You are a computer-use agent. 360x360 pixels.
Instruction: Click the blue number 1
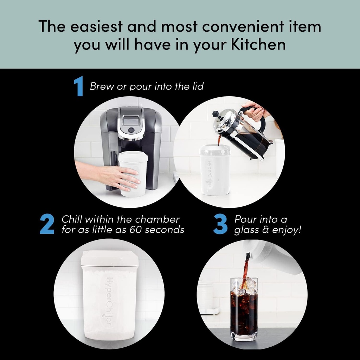pos(78,87)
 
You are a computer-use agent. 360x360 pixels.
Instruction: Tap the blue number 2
pos(47,224)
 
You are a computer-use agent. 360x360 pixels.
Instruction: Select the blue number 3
pos(220,224)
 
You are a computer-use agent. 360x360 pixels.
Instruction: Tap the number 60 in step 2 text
pos(140,230)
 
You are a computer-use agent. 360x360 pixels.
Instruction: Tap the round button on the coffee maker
pos(131,130)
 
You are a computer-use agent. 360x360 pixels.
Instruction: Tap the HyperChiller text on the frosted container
pos(109,301)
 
